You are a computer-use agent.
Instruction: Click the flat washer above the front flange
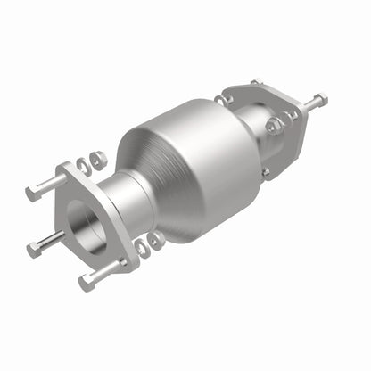(84, 165)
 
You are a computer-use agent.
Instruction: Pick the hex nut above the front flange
(98, 159)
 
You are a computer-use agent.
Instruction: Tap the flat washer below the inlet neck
(143, 245)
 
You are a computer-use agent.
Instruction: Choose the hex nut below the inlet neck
(157, 239)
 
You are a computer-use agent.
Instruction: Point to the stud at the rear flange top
(256, 83)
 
